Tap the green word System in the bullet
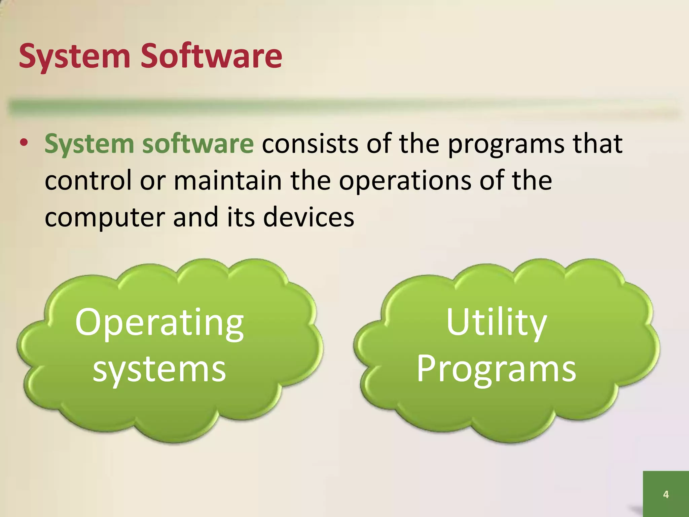89,144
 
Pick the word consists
310,143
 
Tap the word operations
404,181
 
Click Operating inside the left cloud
159,323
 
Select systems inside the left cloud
159,370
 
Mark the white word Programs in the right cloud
497,370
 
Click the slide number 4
665,494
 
